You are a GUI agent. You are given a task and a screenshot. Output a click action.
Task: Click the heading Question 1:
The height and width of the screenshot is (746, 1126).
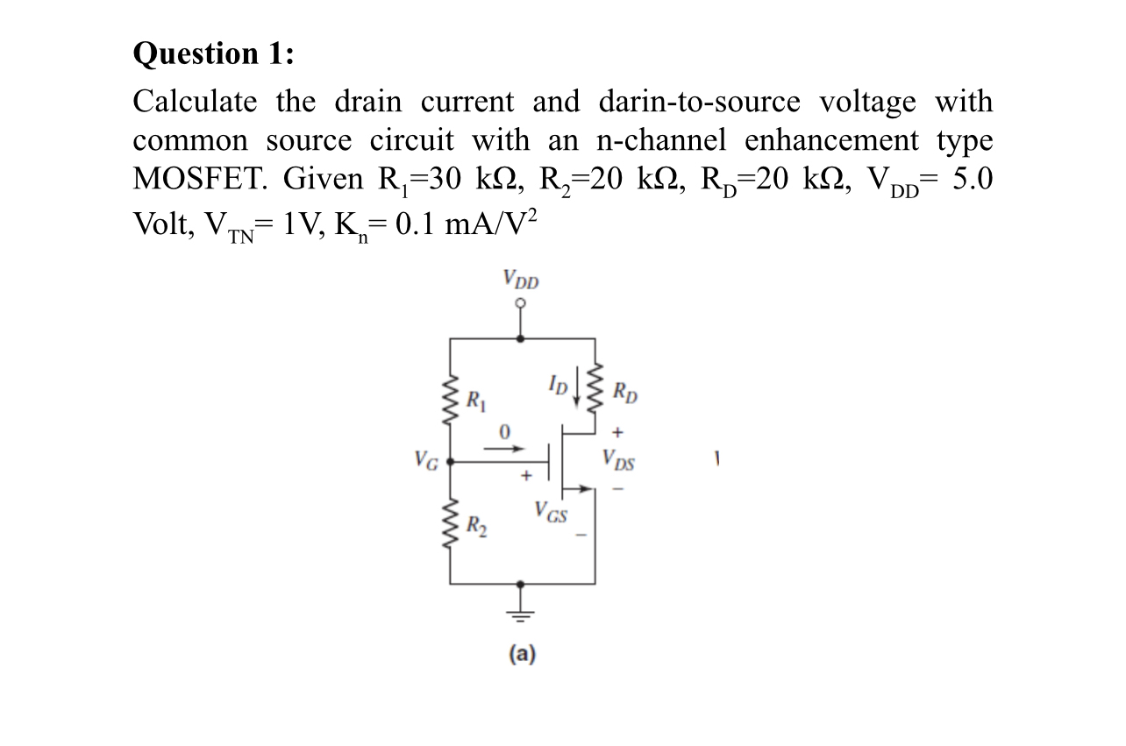214,53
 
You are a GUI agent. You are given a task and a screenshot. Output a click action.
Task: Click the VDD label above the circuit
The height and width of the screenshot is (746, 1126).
522,281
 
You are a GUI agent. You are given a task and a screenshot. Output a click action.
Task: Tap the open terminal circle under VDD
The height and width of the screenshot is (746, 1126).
521,304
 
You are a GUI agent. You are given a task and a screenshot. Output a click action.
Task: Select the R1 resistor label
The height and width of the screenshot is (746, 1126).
475,403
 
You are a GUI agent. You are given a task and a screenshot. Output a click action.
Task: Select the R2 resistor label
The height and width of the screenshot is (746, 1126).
475,527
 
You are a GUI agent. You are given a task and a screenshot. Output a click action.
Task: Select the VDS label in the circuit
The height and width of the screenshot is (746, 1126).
619,459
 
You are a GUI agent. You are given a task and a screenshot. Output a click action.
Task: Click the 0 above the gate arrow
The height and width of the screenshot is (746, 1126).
504,431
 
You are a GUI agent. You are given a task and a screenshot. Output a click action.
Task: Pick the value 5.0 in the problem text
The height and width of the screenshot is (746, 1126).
971,180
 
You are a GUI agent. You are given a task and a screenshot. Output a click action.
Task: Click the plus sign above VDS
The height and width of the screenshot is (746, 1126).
617,432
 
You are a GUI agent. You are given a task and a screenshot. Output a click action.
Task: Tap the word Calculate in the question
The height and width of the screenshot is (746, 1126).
196,103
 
